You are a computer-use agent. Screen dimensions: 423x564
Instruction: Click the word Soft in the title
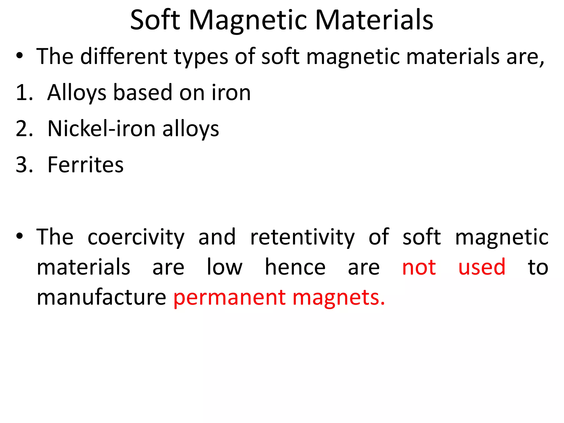(155, 20)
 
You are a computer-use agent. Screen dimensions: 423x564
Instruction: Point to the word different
(124, 56)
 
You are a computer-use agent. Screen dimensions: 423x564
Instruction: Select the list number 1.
(24, 93)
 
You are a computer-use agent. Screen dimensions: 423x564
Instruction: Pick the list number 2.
(24, 129)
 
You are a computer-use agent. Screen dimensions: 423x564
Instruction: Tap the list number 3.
(24, 165)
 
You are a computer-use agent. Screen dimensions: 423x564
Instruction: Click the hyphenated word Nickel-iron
(102, 129)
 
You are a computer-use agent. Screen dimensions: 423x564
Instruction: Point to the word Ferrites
(85, 165)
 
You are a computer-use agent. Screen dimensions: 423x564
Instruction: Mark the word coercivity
(136, 237)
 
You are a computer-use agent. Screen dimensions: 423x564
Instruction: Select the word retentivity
(302, 237)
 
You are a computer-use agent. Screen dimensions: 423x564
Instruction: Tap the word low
(224, 267)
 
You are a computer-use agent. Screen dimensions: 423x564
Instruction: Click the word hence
(295, 267)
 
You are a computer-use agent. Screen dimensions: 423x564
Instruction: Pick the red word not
(419, 267)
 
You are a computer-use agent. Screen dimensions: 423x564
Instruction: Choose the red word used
(482, 267)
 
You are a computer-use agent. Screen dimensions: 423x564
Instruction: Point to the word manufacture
(101, 297)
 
